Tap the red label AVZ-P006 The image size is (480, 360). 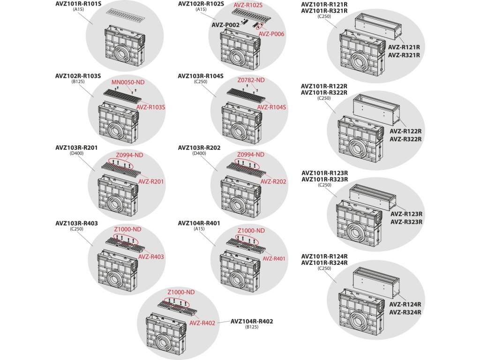pyautogui.click(x=271, y=34)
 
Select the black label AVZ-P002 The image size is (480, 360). pyautogui.click(x=225, y=24)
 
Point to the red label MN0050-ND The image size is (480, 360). pyautogui.click(x=128, y=82)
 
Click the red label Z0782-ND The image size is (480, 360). pyautogui.click(x=251, y=81)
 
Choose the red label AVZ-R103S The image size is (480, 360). pyautogui.click(x=151, y=107)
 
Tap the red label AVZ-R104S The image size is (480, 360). pyautogui.click(x=271, y=107)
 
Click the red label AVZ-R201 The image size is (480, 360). pyautogui.click(x=151, y=181)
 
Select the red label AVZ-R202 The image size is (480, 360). pyautogui.click(x=273, y=181)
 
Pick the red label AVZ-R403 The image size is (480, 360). pyautogui.click(x=151, y=256)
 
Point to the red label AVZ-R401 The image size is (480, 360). pyautogui.click(x=274, y=258)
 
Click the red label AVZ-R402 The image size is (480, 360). pyautogui.click(x=202, y=323)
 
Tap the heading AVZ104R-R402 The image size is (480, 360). pyautogui.click(x=252, y=321)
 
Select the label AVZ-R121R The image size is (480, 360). pyautogui.click(x=404, y=47)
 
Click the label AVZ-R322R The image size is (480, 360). pyautogui.click(x=405, y=139)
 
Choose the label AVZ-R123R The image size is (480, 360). pyautogui.click(x=406, y=214)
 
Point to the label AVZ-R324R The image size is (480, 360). pyautogui.click(x=405, y=312)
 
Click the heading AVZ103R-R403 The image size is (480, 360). pyautogui.click(x=76, y=223)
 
